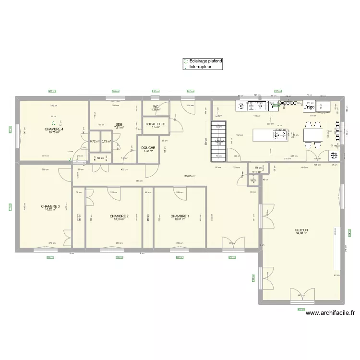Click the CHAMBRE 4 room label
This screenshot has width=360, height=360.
(54, 129)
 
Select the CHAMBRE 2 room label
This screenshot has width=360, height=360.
(119, 216)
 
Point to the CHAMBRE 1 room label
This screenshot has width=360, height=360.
(180, 216)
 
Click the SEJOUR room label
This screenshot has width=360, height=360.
(302, 230)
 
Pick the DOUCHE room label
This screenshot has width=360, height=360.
(148, 148)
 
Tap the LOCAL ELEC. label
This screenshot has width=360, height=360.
(156, 124)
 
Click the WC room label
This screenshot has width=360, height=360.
(156, 107)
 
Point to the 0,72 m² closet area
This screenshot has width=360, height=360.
(94, 142)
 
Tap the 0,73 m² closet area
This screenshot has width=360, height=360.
(106, 142)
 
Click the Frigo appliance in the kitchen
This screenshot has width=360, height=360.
(309, 107)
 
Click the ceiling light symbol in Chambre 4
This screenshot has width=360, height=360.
(54, 122)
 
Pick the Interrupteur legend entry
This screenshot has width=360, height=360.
(200, 67)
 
